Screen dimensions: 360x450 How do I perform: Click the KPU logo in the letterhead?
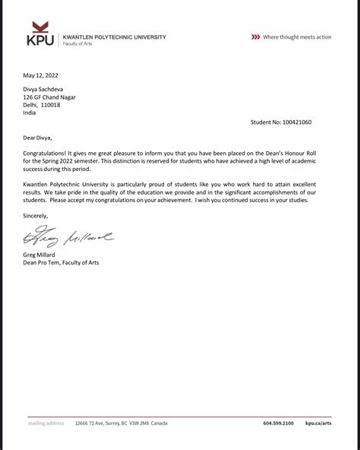click(x=39, y=37)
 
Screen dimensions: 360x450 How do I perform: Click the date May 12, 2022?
click(x=41, y=75)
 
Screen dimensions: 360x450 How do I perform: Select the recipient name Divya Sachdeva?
click(x=48, y=90)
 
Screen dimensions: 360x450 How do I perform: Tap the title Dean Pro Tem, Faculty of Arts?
click(x=61, y=262)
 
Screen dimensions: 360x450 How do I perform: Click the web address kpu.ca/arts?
click(x=318, y=423)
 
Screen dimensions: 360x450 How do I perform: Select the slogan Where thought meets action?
click(x=297, y=36)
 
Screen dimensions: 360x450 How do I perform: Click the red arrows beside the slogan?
click(x=254, y=36)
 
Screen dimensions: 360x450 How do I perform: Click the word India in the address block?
click(x=30, y=112)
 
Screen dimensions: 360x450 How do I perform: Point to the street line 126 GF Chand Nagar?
click(x=50, y=97)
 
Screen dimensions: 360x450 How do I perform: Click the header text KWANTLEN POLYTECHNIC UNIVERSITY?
click(x=113, y=36)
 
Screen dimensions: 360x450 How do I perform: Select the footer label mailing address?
click(x=47, y=423)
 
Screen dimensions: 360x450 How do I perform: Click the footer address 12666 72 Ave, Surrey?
click(x=106, y=423)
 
